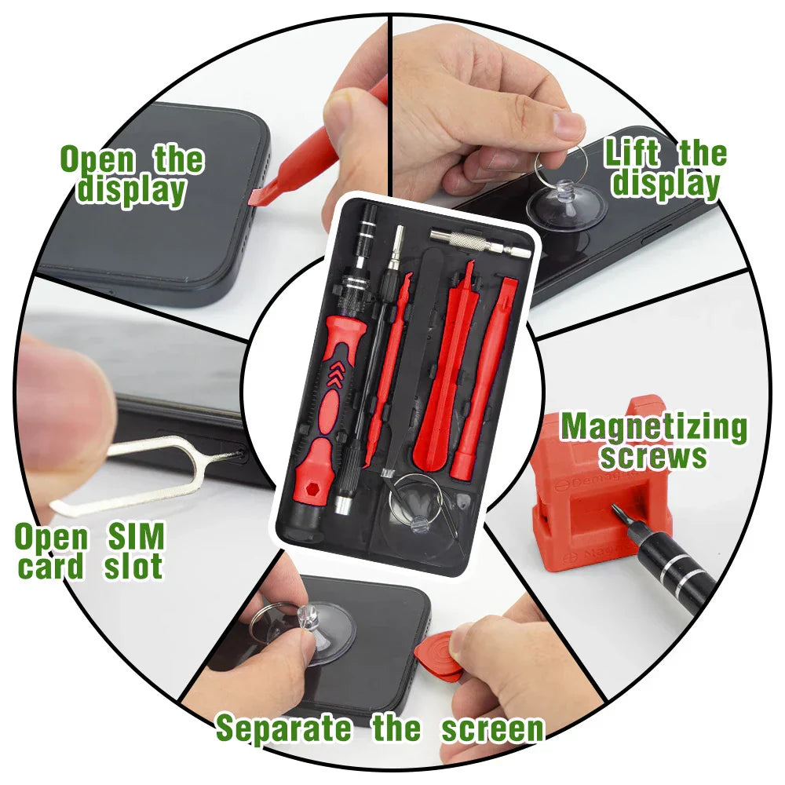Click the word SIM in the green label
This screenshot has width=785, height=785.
[136, 536]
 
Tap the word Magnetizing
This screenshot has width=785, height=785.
[653, 428]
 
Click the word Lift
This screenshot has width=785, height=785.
[632, 152]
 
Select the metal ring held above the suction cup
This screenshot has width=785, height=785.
[560, 165]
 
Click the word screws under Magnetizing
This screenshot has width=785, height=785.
[653, 456]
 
